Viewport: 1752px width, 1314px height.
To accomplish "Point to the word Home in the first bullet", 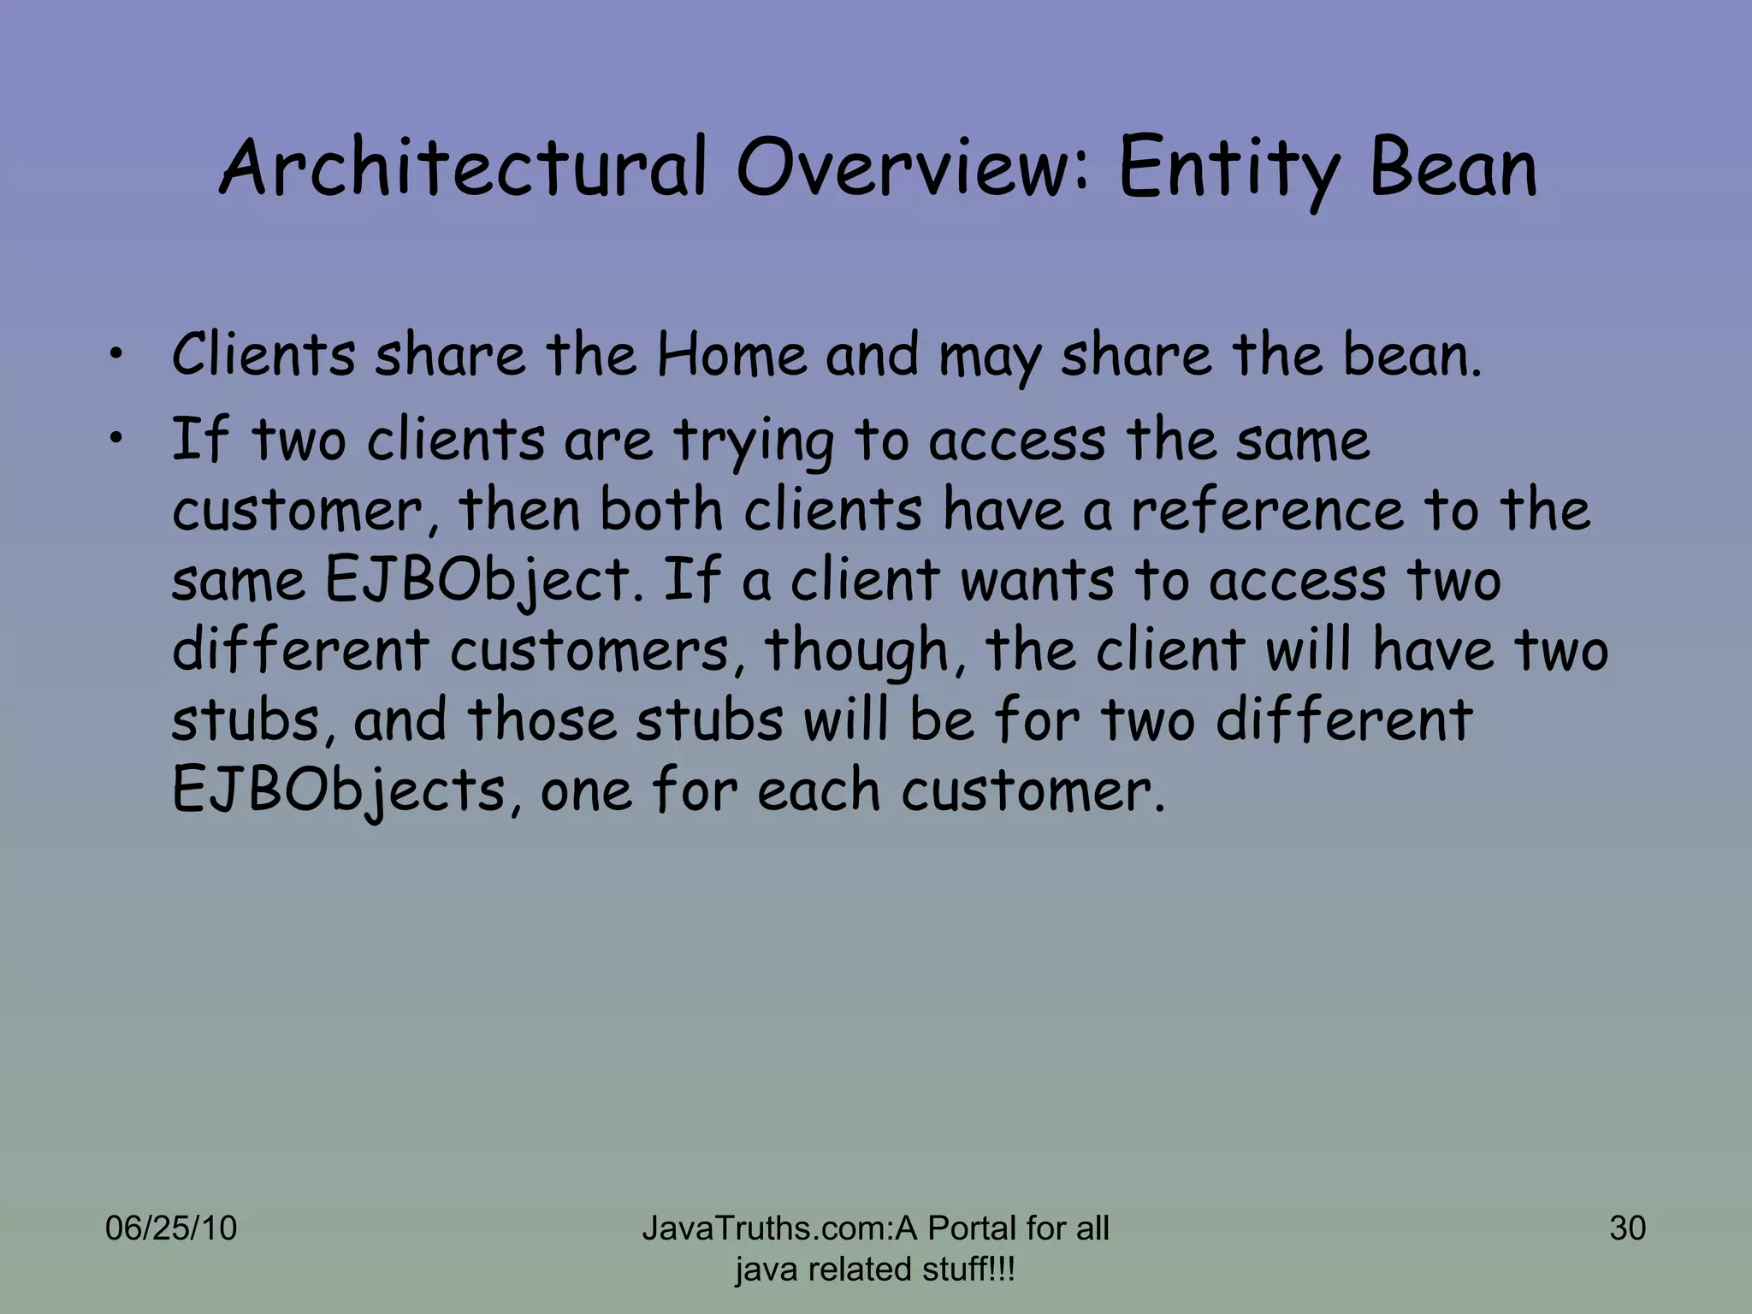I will [x=732, y=355].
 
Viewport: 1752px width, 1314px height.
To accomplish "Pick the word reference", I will [x=1267, y=511].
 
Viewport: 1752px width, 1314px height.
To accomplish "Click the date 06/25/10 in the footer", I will [x=171, y=1228].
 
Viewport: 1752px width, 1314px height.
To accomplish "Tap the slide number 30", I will [x=1627, y=1228].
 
